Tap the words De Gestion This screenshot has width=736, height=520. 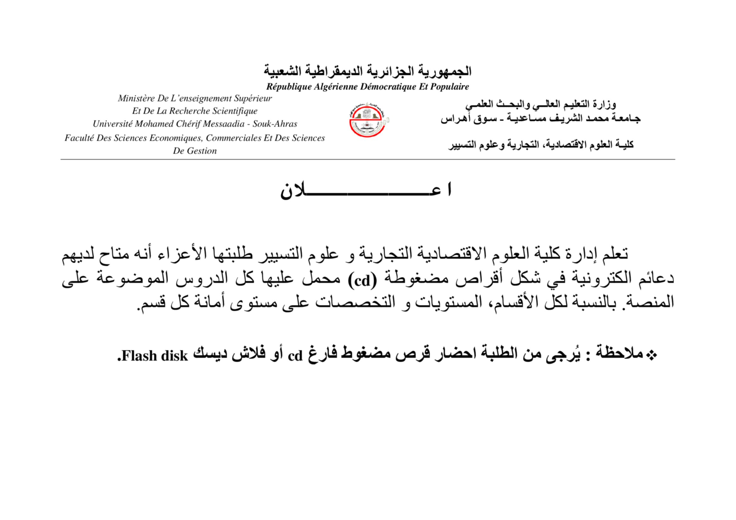pos(194,151)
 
